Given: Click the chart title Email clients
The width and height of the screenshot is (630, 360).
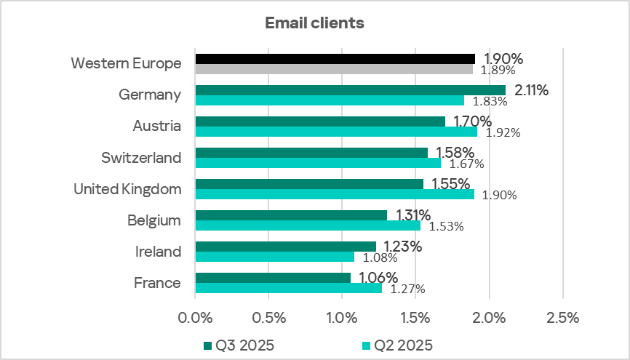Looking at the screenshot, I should point(314,23).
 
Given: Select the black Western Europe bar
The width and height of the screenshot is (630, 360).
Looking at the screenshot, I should point(335,59).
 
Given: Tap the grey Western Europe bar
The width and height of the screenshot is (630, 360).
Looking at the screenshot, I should point(334,69).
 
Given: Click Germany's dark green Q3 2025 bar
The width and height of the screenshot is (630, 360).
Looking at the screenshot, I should point(350,90).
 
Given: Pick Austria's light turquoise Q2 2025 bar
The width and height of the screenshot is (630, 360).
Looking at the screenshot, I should point(336,132).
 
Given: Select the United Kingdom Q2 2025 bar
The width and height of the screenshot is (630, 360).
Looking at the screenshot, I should point(335,194).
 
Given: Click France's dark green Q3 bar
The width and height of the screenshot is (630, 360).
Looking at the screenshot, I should point(273,278).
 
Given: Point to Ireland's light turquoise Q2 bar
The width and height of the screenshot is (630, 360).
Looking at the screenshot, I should point(275,257).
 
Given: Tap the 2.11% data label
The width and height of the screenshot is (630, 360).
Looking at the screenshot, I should point(531,90).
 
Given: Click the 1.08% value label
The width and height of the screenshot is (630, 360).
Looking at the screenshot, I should point(379,257).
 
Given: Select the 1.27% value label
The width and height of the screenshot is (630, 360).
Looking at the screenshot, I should point(407,289).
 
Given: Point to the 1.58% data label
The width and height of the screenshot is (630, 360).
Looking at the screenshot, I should point(455,153).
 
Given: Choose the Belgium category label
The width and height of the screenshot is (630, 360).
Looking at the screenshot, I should point(154,220).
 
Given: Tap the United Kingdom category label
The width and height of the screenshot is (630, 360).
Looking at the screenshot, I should point(127,189).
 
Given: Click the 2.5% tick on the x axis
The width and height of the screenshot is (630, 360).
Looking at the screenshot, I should point(562,317).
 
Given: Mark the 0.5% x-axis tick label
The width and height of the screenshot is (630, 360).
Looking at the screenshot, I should point(268,317).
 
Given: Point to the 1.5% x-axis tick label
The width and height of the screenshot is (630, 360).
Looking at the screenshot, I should point(415,317).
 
